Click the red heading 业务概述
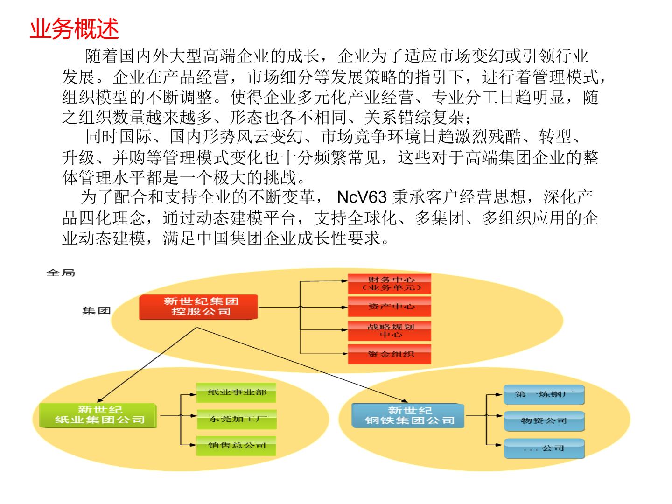click(74, 29)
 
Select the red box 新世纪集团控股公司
click(198, 307)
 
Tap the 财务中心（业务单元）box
click(389, 284)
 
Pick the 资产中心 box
click(389, 307)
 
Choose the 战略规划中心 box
click(389, 331)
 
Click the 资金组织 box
click(389, 354)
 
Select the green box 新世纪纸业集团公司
click(98, 415)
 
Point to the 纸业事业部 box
click(236, 392)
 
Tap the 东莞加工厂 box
click(236, 419)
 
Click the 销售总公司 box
click(236, 446)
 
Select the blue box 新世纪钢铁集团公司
click(408, 415)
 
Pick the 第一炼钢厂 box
click(544, 395)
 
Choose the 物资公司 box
click(544, 421)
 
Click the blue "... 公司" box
click(544, 448)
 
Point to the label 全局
click(61, 273)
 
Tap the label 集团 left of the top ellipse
click(96, 311)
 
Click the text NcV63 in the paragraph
click(362, 197)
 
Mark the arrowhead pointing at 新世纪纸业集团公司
click(99, 400)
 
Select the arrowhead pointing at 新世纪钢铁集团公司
click(405, 401)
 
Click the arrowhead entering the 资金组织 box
click(345, 354)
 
